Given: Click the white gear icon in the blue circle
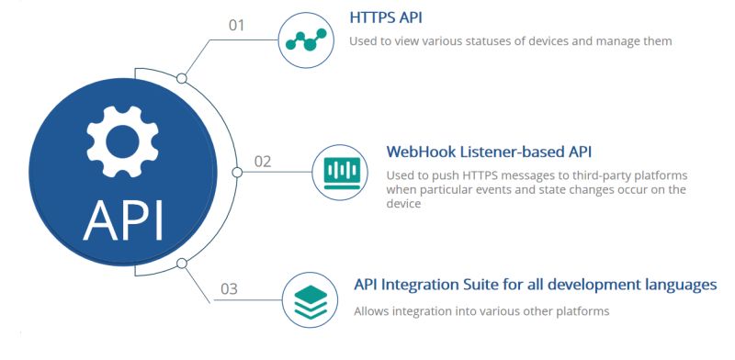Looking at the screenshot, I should (x=122, y=139).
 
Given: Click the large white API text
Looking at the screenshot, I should (x=123, y=219).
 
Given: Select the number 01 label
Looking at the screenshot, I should (x=237, y=25).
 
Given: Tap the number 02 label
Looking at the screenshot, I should (x=263, y=162).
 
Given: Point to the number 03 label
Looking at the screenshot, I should (x=229, y=289).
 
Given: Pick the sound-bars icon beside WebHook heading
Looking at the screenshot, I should (x=340, y=172).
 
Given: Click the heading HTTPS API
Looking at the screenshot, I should (x=386, y=17).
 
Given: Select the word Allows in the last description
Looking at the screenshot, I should (x=373, y=311).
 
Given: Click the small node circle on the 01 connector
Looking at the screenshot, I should (x=182, y=78).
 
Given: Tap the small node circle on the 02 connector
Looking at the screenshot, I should (x=237, y=172).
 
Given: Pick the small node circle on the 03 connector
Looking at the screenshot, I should (x=182, y=264).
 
